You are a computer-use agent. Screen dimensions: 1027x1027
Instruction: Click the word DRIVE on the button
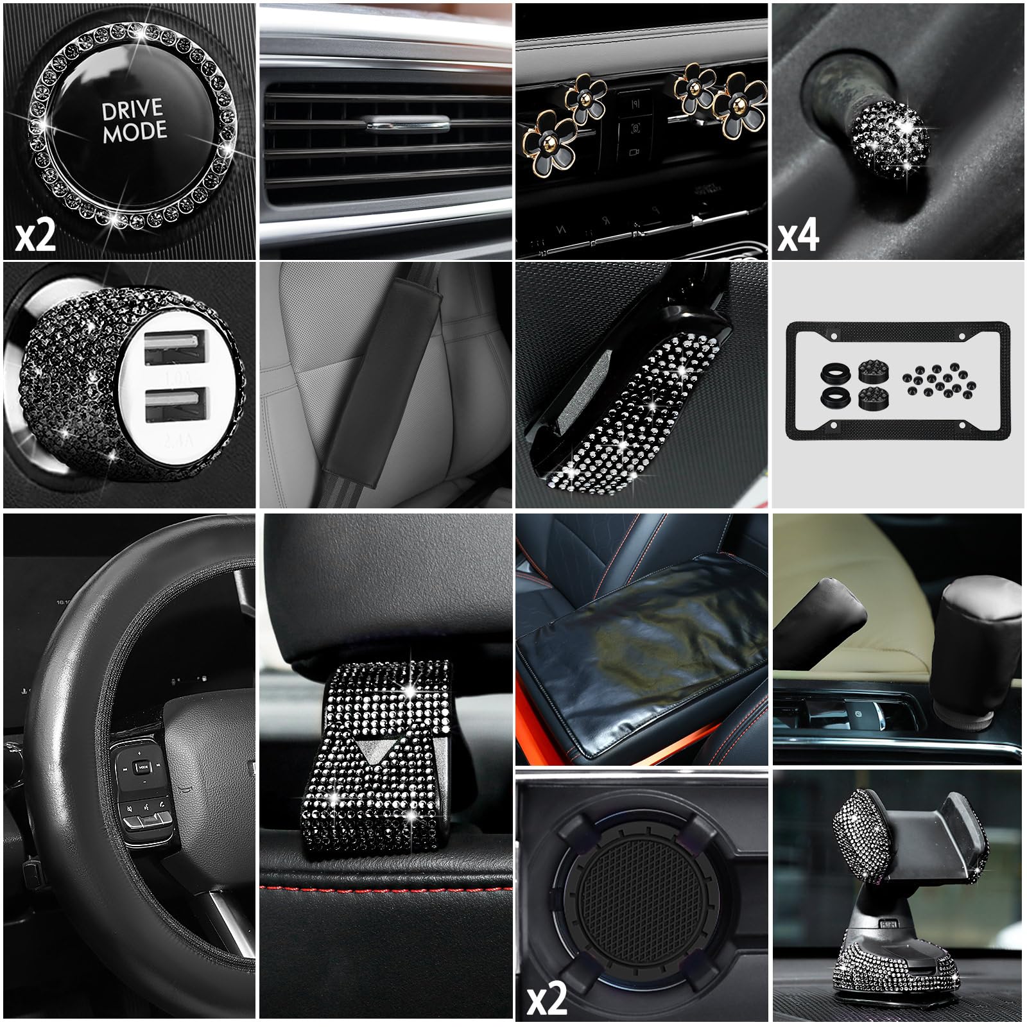coord(134,111)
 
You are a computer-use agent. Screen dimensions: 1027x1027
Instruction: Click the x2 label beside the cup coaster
coord(546,998)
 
